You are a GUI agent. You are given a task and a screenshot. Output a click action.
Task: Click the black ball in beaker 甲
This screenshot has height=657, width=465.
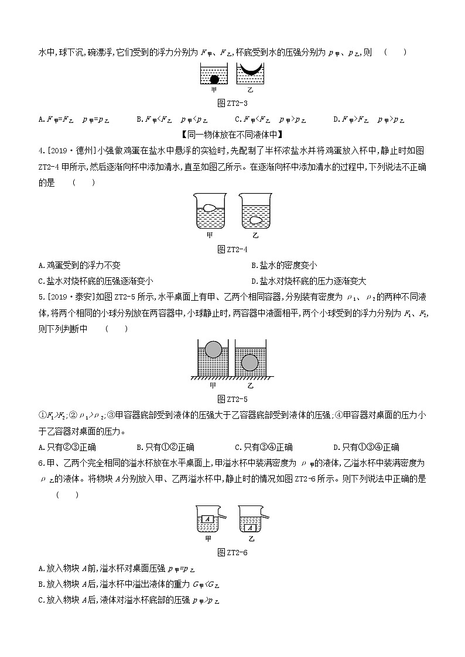click(x=214, y=79)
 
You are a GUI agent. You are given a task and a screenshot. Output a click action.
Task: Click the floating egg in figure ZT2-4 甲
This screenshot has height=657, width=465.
click(x=210, y=207)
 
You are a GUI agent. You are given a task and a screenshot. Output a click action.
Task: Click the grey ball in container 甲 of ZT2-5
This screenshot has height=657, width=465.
click(x=213, y=350)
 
